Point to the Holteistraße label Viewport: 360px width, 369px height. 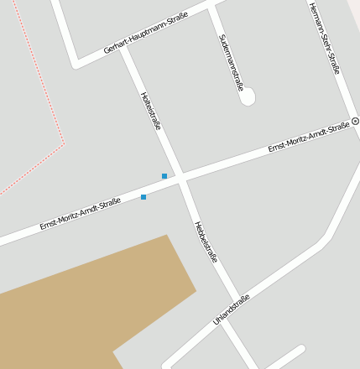click(151, 111)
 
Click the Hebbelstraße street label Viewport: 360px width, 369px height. click(206, 242)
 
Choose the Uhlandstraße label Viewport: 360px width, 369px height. click(232, 307)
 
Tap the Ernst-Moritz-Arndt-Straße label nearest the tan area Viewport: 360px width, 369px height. click(81, 214)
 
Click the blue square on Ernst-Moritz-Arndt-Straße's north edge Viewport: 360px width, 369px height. click(164, 175)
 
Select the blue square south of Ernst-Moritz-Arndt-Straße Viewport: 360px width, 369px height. click(143, 197)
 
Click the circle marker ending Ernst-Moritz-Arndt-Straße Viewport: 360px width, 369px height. click(355, 122)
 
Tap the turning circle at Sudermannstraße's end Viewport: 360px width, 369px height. click(247, 97)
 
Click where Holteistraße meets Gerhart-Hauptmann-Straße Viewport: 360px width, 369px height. click(123, 49)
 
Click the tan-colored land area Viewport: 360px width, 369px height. click(92, 302)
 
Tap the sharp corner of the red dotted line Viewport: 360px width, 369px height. click(64, 143)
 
